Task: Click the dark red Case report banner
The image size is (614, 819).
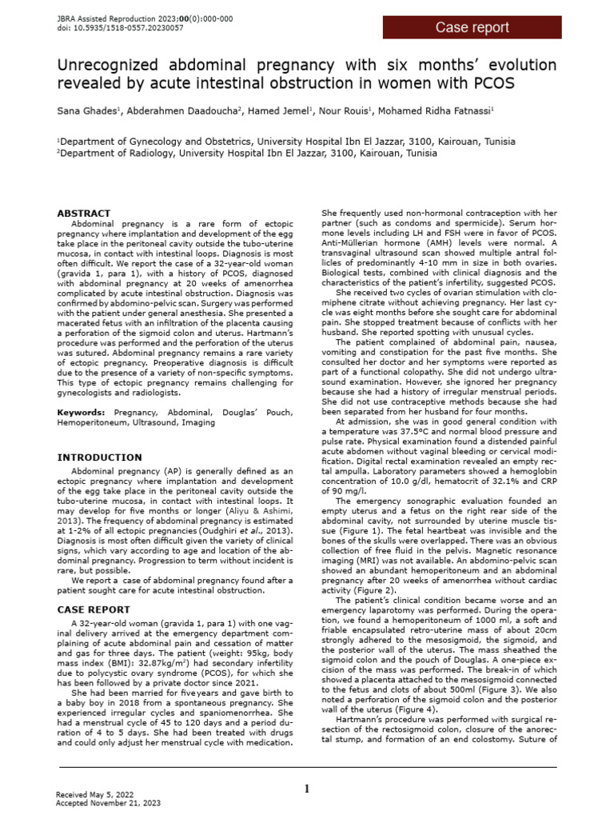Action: [472, 27]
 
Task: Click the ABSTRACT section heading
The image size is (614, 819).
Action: [83, 214]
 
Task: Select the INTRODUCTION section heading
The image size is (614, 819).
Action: [99, 457]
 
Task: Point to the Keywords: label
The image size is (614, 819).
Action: [82, 411]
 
